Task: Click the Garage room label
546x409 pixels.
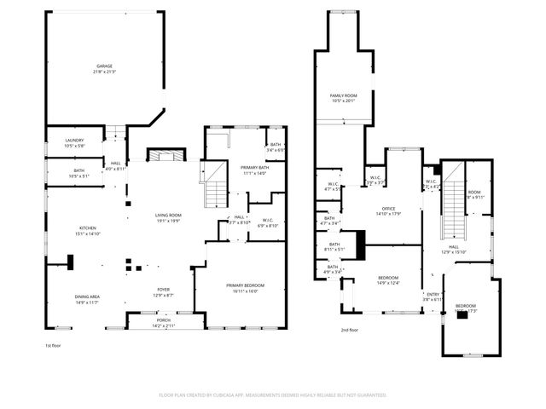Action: click(x=104, y=66)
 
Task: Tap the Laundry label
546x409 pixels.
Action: click(x=75, y=141)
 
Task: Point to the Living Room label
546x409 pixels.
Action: click(x=166, y=215)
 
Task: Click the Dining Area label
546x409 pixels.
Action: click(x=88, y=297)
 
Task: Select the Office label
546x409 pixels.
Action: click(x=388, y=209)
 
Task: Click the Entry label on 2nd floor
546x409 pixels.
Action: click(x=433, y=295)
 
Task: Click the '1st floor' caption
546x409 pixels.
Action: click(x=54, y=345)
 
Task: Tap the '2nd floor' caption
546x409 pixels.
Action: click(x=350, y=330)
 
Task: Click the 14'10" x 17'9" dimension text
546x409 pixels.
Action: click(x=388, y=214)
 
